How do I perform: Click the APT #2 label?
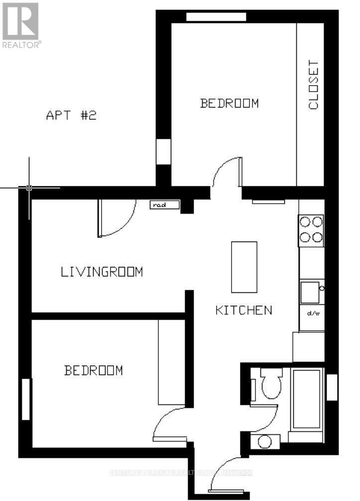click(71, 116)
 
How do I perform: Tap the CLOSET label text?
click(313, 85)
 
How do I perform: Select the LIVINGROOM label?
click(102, 272)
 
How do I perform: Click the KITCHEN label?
click(243, 310)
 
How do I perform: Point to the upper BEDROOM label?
click(229, 103)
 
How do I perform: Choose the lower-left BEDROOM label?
click(93, 371)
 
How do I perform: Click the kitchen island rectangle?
click(244, 267)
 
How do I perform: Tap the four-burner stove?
click(311, 230)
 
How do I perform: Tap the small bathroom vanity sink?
click(265, 441)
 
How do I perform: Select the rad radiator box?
click(158, 204)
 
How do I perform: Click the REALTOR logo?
click(20, 25)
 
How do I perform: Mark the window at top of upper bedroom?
click(216, 17)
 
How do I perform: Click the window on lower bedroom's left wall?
click(26, 399)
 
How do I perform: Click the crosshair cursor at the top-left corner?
click(29, 188)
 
